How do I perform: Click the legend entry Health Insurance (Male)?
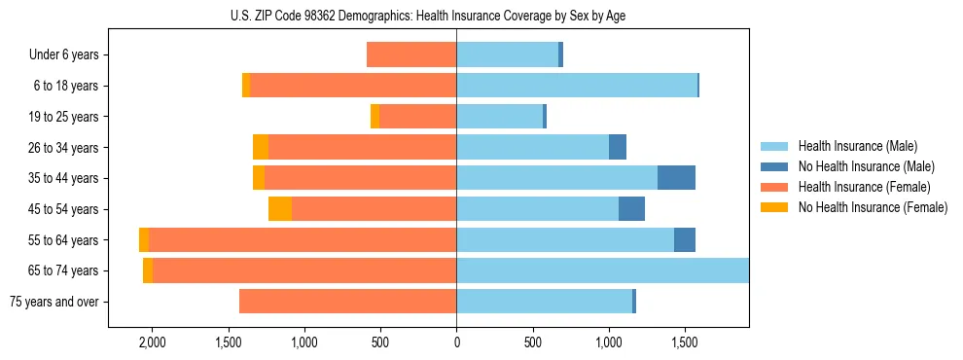pyautogui.click(x=857, y=146)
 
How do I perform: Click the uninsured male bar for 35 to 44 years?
pyautogui.click(x=676, y=178)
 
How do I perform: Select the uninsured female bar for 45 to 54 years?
pyautogui.click(x=280, y=209)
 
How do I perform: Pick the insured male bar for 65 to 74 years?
pyautogui.click(x=602, y=270)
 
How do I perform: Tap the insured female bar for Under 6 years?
pyautogui.click(x=411, y=55)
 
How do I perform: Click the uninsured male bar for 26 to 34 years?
pyautogui.click(x=618, y=147)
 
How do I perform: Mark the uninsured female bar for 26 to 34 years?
pyautogui.click(x=261, y=147)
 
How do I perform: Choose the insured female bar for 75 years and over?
pyautogui.click(x=347, y=302)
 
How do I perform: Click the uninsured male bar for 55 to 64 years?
pyautogui.click(x=685, y=239)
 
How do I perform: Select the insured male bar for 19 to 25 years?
pyautogui.click(x=499, y=117)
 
